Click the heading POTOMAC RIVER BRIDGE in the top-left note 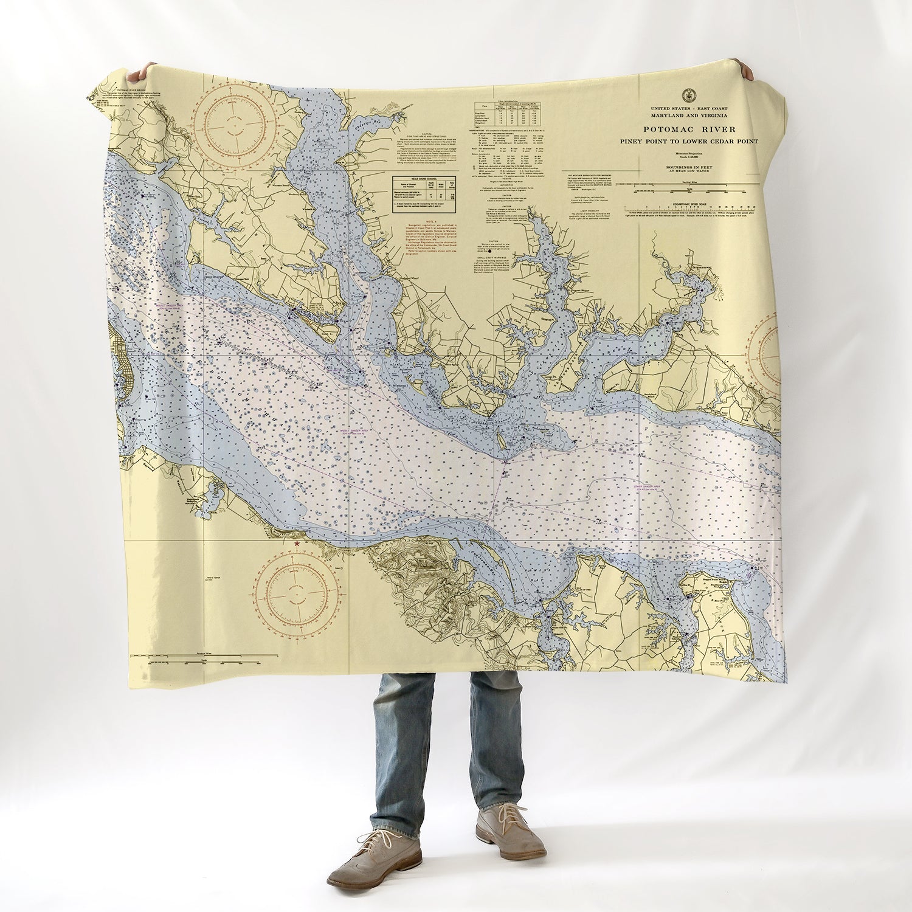point(134,89)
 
